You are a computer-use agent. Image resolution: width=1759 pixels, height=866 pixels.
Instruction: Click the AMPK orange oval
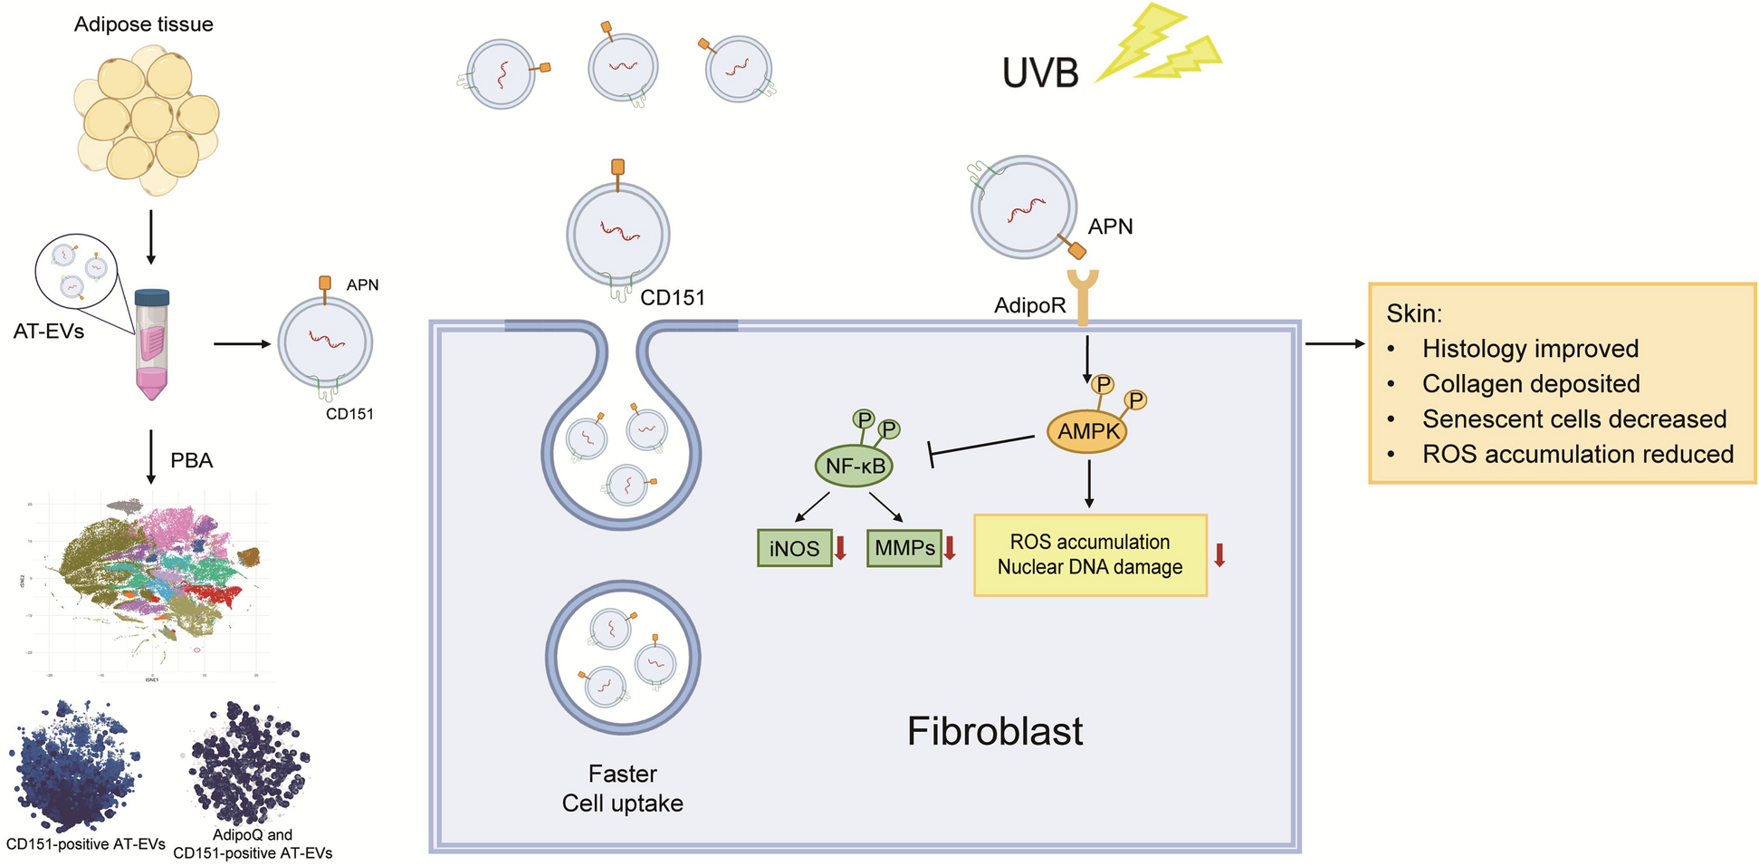[1087, 431]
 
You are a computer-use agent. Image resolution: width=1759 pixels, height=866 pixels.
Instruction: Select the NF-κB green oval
[854, 467]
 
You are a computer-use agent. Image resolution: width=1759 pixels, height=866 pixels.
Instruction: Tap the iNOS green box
[794, 548]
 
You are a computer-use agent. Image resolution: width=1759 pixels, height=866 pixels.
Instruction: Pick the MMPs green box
[903, 548]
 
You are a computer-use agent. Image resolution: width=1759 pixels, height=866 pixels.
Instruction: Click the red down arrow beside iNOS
[840, 548]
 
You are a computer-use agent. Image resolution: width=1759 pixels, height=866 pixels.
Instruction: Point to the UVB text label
[1040, 73]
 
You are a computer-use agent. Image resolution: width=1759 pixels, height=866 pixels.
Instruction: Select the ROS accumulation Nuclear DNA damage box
[1090, 554]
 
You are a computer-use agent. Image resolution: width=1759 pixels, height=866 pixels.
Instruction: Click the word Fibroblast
[994, 731]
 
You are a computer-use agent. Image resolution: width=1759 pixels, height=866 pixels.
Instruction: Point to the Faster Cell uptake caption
[622, 788]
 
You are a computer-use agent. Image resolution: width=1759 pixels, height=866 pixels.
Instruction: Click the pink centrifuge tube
[151, 344]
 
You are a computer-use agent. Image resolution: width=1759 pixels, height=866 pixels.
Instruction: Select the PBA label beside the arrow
[191, 460]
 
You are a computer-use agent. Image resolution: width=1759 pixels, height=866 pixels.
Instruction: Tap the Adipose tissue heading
[143, 24]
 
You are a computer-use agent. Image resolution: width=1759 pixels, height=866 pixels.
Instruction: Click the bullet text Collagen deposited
[1530, 384]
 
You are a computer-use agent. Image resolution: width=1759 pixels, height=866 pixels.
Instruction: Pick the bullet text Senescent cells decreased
[1573, 419]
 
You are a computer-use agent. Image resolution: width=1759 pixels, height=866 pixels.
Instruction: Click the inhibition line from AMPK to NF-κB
[982, 447]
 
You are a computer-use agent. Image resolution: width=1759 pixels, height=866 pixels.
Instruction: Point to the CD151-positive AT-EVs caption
[85, 844]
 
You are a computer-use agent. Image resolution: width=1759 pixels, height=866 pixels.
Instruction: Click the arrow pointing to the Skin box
[1334, 343]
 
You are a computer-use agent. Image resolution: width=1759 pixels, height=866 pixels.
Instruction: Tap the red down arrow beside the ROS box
[1219, 555]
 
